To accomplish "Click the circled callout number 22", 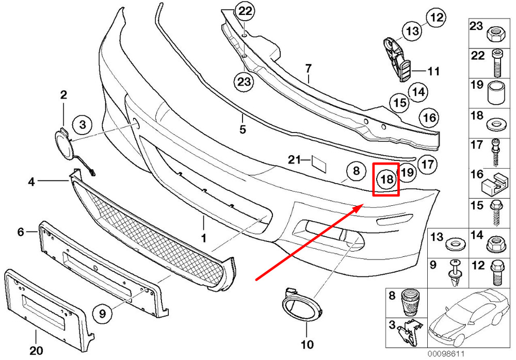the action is click(245, 11).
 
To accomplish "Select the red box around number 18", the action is click(386, 179).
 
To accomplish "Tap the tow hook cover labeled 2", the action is click(62, 144).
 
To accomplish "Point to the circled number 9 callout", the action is click(102, 313).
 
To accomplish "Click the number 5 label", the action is click(243, 129).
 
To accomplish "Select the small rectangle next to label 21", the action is click(318, 164).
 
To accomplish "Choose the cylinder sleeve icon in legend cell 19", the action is click(495, 92).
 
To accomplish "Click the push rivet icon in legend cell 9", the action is click(455, 273).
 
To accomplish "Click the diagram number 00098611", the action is click(446, 354).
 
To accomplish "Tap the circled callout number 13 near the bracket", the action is click(412, 31).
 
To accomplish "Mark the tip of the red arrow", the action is click(363, 204).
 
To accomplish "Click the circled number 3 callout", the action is click(82, 125).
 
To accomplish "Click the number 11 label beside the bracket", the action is click(433, 71).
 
